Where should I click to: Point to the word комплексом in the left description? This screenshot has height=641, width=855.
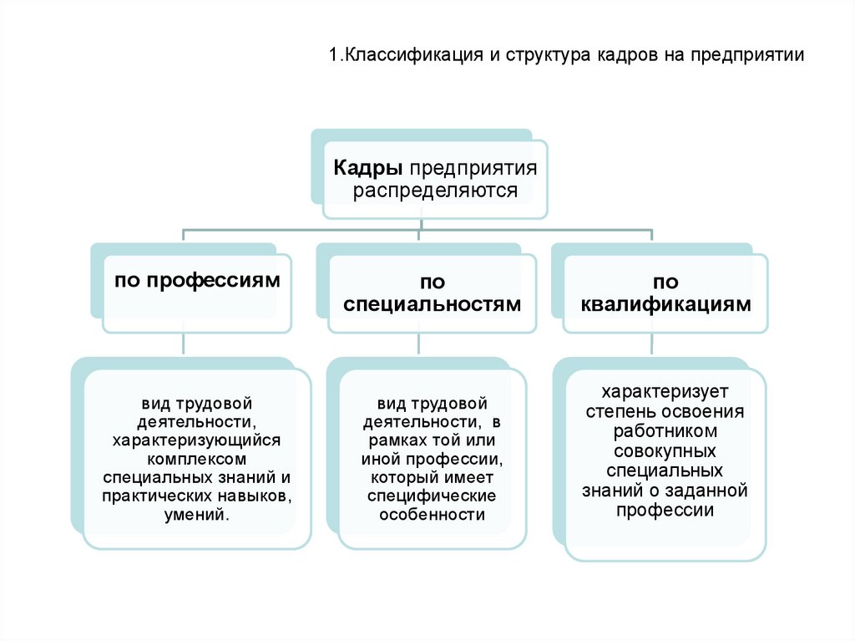pos(197,459)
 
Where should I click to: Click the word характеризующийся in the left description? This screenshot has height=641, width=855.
pos(197,440)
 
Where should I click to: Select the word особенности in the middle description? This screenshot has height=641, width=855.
pos(433,515)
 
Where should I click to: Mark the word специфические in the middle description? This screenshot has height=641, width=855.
pos(433,496)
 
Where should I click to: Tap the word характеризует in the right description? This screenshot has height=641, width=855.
pos(665,391)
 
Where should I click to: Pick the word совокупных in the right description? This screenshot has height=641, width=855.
pos(665,451)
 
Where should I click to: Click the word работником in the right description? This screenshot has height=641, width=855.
pos(665,431)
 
